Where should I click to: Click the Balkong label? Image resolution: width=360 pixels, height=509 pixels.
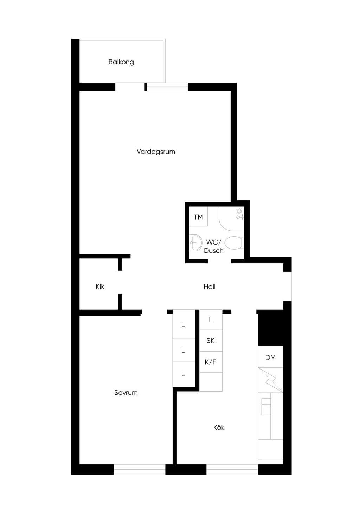tap(121, 62)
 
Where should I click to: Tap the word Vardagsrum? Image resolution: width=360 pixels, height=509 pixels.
tap(156, 152)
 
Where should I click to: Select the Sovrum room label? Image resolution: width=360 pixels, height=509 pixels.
tap(126, 393)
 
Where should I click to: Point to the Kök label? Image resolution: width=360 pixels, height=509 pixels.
tap(219, 427)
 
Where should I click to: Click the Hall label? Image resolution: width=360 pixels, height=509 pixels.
tap(210, 286)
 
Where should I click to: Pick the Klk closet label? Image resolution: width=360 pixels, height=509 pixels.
tap(100, 286)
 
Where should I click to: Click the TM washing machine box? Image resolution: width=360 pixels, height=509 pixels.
tap(198, 216)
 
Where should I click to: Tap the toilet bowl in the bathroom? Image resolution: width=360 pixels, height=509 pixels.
tap(234, 243)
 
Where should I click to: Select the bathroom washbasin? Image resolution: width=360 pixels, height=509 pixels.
tap(196, 243)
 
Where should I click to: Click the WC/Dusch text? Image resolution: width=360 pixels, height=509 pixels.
tap(213, 246)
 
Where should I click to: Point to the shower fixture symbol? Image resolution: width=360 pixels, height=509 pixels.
tap(239, 214)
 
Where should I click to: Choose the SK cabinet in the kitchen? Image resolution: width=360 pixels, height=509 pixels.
tap(211, 340)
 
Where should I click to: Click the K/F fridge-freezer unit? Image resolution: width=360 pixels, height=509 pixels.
tap(211, 362)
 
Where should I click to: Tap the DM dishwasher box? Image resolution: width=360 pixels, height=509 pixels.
tap(270, 357)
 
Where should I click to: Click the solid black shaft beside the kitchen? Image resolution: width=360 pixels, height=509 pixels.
tap(271, 328)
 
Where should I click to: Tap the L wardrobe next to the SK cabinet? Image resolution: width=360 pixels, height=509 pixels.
tap(211, 320)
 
